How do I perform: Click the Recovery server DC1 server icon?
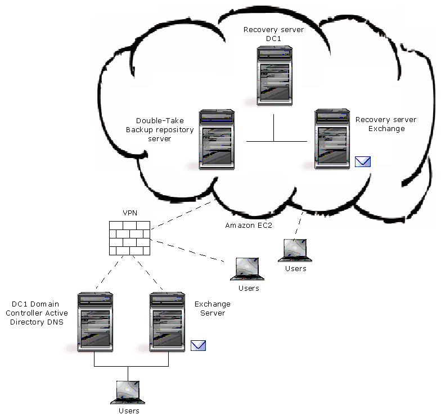(274, 76)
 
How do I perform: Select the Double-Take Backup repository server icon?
(217, 140)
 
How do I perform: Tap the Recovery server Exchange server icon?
(333, 140)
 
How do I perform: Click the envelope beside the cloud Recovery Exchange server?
(363, 163)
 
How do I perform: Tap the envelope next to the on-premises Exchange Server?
(198, 345)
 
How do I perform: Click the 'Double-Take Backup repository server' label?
(164, 130)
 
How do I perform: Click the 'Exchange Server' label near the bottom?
(212, 309)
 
